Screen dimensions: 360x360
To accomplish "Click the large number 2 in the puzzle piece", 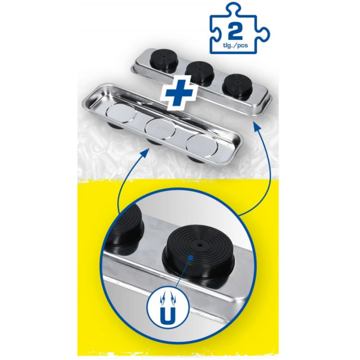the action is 235,31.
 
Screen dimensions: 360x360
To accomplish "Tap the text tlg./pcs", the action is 235,45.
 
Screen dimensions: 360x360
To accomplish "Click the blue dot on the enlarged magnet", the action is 190,257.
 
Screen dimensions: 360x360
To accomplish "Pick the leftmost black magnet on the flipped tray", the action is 163,60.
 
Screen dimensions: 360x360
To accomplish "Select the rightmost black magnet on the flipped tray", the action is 238,87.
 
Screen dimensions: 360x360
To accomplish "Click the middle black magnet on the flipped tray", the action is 200,72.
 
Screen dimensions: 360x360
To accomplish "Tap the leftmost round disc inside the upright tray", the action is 121,113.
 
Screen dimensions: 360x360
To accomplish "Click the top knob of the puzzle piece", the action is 234,9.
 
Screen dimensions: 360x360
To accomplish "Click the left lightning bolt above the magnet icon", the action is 163,299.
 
